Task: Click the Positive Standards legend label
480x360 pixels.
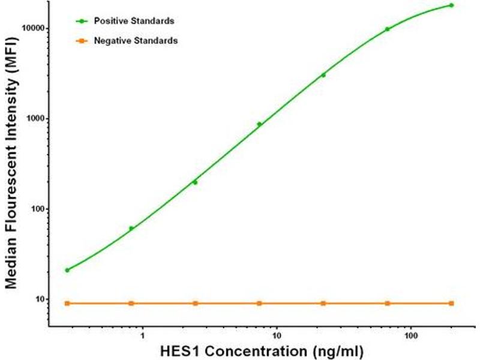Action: point(134,21)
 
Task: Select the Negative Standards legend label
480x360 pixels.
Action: point(135,41)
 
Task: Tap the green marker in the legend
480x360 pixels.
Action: point(80,21)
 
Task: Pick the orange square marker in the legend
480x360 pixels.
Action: point(80,41)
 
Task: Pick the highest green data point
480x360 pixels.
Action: point(451,5)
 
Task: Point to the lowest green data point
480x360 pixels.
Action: point(67,270)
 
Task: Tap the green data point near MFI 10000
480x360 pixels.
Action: point(387,29)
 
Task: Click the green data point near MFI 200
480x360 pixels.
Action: point(195,182)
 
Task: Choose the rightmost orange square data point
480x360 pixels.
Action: point(451,303)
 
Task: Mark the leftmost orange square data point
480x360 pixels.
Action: point(67,303)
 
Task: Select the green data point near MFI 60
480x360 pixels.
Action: point(131,228)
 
